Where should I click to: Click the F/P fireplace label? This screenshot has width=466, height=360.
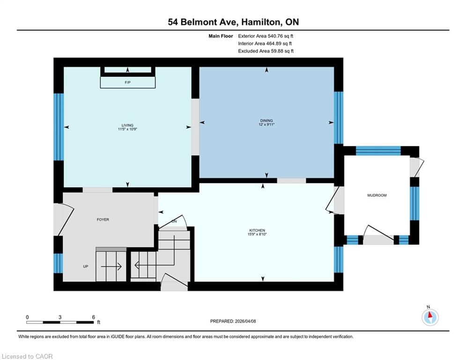pos(127,82)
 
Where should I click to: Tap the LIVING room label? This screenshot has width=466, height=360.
pos(127,125)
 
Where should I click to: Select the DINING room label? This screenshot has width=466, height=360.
pos(266,120)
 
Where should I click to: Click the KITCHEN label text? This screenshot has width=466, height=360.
pos(257,230)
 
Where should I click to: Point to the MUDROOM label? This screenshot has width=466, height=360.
pos(377,195)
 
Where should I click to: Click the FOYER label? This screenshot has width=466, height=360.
pos(103,219)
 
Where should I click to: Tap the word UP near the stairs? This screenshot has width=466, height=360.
pos(86,267)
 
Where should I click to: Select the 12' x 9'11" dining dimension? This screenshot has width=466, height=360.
pos(266,125)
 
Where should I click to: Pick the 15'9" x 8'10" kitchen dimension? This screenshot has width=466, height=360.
pos(257,234)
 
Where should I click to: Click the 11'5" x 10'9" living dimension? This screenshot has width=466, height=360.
pos(127,129)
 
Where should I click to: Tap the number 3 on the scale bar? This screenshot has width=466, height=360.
pos(60,317)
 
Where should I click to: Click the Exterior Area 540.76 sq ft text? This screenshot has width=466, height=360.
pos(266,36)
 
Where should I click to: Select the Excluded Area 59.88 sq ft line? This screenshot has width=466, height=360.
pos(266,51)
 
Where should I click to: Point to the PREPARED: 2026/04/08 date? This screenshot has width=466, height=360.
pos(233,321)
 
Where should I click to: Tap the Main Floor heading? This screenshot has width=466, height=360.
pos(221,36)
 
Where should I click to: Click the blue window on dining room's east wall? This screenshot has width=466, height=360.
pos(339,118)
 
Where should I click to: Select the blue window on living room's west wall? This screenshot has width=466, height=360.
pos(59,127)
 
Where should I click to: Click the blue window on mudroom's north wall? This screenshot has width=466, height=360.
pos(378,151)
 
